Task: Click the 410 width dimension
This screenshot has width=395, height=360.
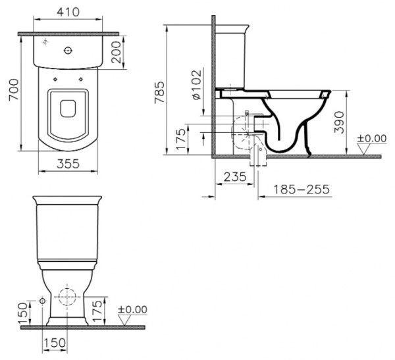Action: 68,12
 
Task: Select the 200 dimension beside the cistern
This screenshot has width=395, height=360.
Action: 116,52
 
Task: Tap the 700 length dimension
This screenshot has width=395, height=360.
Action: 14,90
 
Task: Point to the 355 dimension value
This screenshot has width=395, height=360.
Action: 68,164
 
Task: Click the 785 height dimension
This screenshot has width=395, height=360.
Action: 160,92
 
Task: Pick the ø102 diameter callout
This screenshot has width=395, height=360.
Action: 197,84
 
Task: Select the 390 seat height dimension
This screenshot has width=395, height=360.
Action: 339,122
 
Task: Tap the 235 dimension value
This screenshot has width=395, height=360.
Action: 235,177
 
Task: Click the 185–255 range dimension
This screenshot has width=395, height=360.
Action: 302,190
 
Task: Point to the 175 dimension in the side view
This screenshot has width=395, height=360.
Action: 181,140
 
